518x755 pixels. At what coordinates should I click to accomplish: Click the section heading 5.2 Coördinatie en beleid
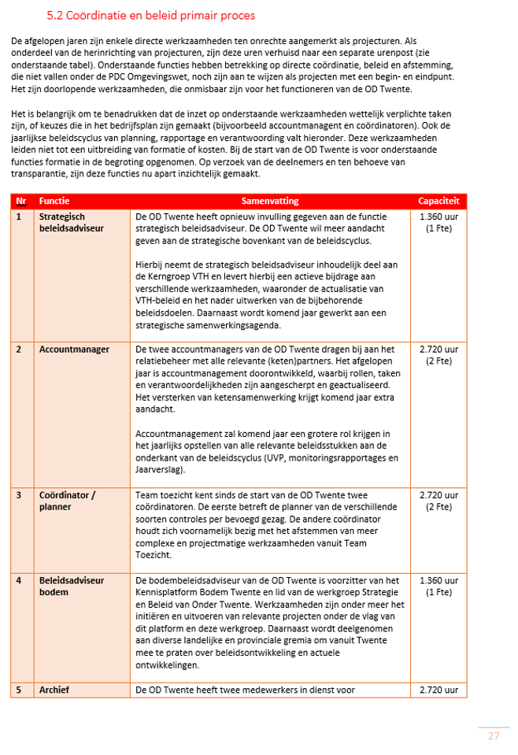[x=150, y=16]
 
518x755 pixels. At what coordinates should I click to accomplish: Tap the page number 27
[x=494, y=735]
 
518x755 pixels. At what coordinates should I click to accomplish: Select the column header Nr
[x=20, y=202]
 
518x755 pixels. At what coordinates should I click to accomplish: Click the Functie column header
[x=54, y=202]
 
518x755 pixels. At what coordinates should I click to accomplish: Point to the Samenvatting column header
[x=269, y=202]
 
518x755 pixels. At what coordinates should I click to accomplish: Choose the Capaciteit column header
[x=438, y=202]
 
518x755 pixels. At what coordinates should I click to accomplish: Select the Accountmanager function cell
[x=74, y=349]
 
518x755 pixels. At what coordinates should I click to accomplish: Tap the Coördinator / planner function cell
[x=67, y=501]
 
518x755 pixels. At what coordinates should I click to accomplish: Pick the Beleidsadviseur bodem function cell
[x=72, y=586]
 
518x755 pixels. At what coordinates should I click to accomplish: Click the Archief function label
[x=54, y=690]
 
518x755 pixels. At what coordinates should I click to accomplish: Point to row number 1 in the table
[x=19, y=217]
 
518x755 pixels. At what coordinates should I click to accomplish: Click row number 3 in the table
[x=19, y=495]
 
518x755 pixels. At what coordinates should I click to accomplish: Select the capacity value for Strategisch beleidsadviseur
[x=438, y=222]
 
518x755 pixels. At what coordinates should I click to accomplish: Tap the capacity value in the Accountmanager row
[x=438, y=354]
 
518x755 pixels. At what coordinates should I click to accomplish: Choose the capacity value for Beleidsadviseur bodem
[x=438, y=586]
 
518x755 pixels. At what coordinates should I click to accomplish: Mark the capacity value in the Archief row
[x=438, y=690]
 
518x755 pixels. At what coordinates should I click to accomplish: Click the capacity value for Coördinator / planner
[x=438, y=501]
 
